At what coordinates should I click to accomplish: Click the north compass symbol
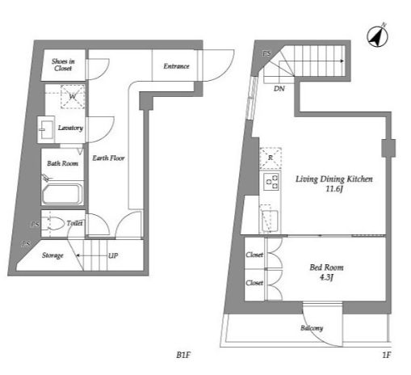click(x=377, y=36)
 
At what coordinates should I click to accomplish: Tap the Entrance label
click(x=176, y=66)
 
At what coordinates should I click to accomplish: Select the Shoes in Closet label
click(x=63, y=65)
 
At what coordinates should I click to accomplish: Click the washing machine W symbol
click(x=73, y=96)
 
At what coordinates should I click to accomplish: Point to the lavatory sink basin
click(x=46, y=129)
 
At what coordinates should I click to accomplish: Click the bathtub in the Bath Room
click(x=62, y=194)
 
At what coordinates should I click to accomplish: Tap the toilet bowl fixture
click(x=56, y=223)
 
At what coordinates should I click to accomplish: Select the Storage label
click(x=52, y=255)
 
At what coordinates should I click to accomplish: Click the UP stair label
click(x=113, y=255)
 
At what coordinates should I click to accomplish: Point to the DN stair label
click(x=279, y=88)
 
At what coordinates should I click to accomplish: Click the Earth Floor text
click(x=108, y=158)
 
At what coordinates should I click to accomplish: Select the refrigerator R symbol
click(x=271, y=158)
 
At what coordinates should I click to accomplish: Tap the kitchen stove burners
click(x=271, y=182)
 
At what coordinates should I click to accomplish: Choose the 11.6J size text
click(x=334, y=189)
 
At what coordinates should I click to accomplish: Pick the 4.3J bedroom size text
click(x=326, y=277)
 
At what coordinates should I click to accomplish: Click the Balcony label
click(x=312, y=328)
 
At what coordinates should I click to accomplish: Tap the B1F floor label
click(x=183, y=355)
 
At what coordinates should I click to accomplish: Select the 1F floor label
click(x=387, y=355)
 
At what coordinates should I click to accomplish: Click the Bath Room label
click(x=62, y=163)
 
